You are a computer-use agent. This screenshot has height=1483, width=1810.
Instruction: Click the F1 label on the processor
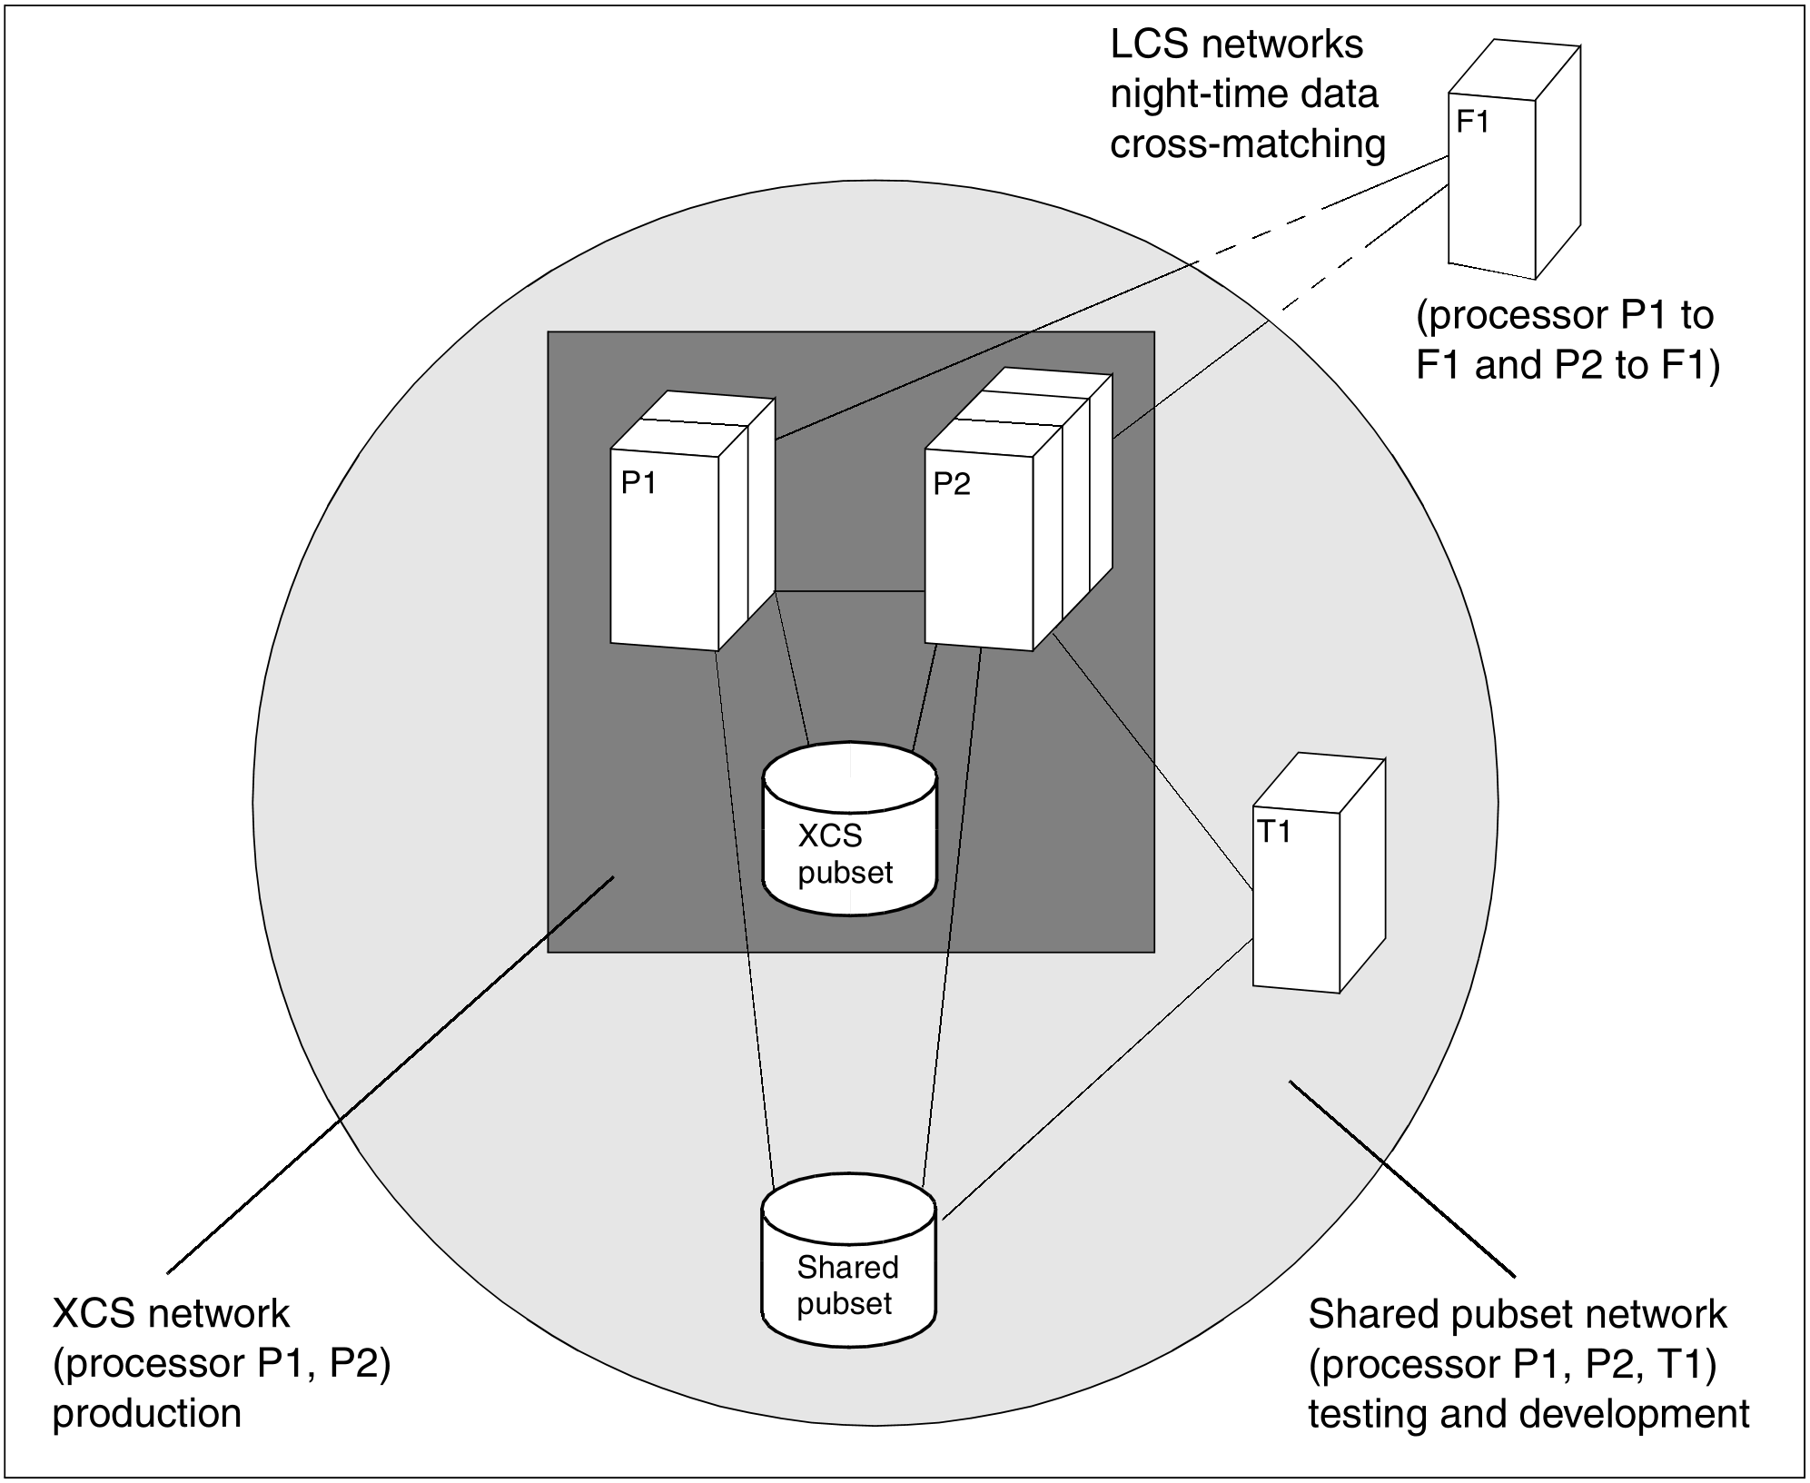(1472, 121)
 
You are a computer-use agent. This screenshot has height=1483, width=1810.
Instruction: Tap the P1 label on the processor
(638, 483)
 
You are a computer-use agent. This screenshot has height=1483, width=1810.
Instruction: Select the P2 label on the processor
(952, 484)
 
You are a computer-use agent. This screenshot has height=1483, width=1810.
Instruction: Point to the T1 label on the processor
(1273, 831)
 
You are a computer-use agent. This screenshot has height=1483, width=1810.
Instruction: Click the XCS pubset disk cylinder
(849, 829)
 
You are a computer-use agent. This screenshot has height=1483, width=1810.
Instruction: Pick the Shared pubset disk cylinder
(848, 1261)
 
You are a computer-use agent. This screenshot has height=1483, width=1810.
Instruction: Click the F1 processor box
(1514, 159)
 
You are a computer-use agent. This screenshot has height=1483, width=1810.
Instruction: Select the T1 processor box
(1319, 872)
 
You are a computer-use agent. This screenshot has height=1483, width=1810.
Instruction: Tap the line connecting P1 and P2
(850, 592)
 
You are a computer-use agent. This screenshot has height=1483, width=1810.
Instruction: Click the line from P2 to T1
(1152, 760)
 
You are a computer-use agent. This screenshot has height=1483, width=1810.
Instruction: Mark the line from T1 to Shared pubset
(1098, 1080)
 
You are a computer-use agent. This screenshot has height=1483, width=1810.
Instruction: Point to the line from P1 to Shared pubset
(745, 918)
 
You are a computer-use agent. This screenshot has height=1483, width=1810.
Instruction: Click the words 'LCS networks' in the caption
(1237, 44)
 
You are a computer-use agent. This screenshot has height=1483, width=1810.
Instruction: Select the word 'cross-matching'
(1248, 144)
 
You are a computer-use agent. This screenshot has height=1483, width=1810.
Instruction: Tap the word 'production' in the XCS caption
(147, 1414)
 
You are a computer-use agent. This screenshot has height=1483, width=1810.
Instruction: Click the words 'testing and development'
(1528, 1414)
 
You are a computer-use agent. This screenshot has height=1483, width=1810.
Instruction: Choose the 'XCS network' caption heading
(172, 1314)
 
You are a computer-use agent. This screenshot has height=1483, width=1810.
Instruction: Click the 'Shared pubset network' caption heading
(1518, 1314)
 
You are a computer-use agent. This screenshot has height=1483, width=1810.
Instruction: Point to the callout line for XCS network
(391, 1074)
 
